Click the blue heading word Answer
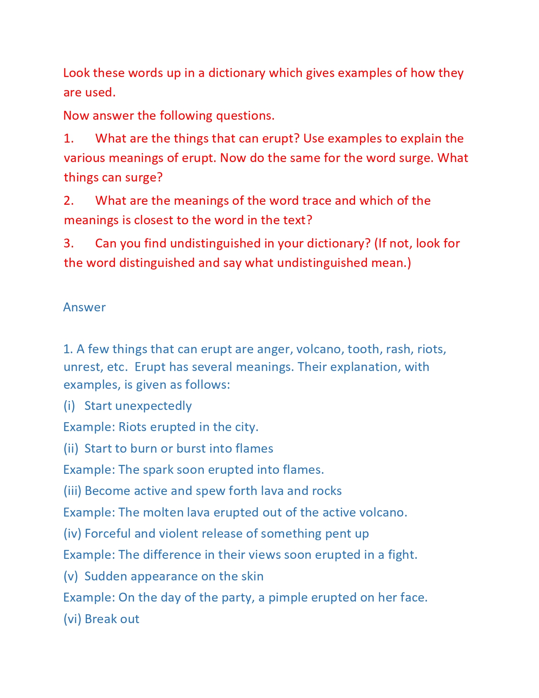[84, 307]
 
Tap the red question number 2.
[68, 201]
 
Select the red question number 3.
[68, 243]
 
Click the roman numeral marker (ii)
[71, 448]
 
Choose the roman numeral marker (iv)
[72, 533]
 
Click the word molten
[163, 512]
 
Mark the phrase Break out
[112, 619]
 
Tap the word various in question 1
[85, 158]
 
